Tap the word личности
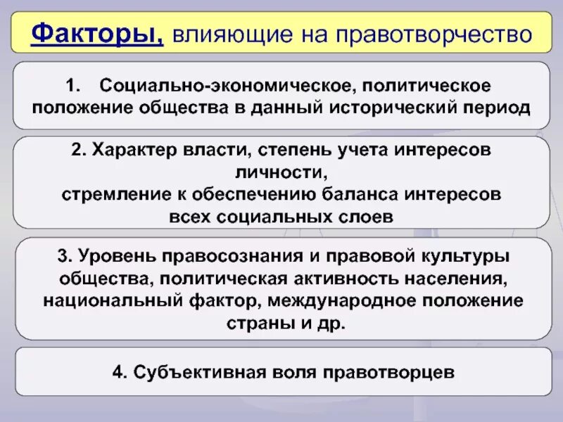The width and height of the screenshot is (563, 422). (281, 172)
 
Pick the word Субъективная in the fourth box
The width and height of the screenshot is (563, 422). (194, 371)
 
